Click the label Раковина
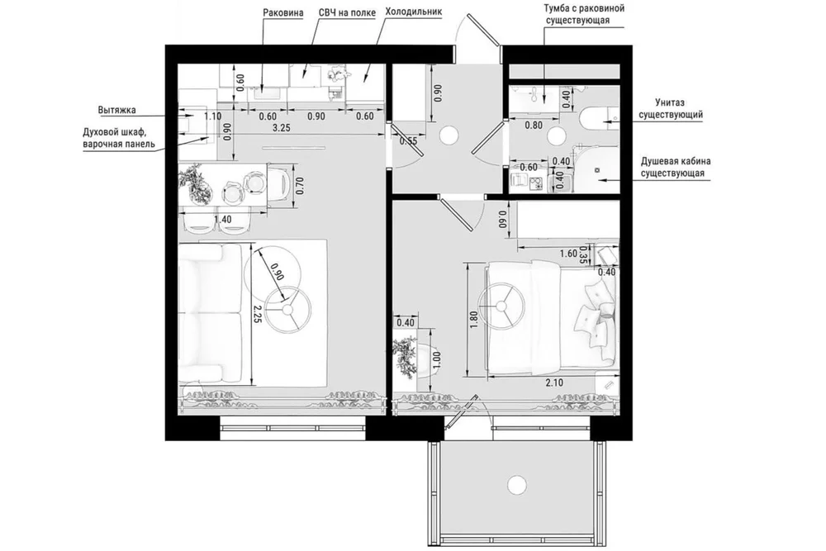[x=282, y=12]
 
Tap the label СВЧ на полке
[x=347, y=12]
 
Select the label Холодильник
[x=414, y=12]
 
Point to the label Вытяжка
[x=117, y=110]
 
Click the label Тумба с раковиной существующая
[x=584, y=14]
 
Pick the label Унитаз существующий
[x=671, y=108]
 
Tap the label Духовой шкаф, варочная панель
[x=119, y=138]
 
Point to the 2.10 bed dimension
[x=554, y=383]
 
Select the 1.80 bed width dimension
[x=473, y=321]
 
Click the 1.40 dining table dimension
[x=223, y=219]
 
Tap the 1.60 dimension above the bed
[x=568, y=254]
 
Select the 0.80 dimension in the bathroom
[x=534, y=126]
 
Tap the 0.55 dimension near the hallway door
[x=408, y=141]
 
